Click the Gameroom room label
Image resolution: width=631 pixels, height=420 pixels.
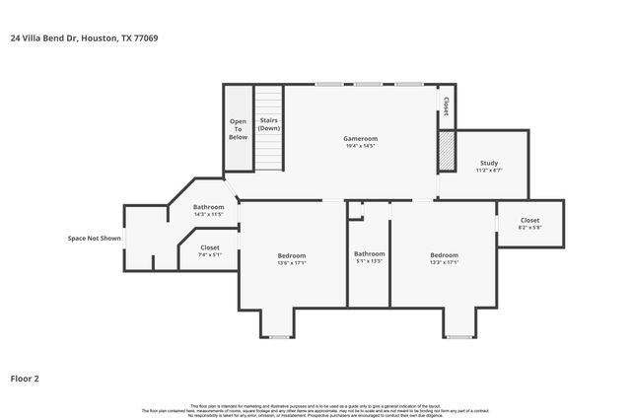361,139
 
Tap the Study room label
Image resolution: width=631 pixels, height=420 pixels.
489,163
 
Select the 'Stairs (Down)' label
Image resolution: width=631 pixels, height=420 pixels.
269,125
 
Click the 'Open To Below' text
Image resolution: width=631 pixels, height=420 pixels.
239,129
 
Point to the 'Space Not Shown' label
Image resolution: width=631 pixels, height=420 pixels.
95,238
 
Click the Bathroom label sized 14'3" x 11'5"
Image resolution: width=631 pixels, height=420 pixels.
208,207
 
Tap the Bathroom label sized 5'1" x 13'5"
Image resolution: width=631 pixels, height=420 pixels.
369,253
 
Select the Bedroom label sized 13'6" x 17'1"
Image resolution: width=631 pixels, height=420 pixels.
292,255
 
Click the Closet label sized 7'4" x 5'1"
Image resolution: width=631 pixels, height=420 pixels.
210,247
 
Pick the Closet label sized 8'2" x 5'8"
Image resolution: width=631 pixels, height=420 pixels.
529,220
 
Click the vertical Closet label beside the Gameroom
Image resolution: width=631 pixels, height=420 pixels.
446,105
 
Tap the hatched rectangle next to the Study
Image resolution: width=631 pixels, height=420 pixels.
447,153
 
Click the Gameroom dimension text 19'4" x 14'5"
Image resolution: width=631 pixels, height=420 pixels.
361,147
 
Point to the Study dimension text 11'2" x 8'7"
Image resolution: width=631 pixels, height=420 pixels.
489,171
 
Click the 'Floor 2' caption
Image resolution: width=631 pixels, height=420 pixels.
25,378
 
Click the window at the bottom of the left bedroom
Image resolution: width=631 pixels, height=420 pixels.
280,337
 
